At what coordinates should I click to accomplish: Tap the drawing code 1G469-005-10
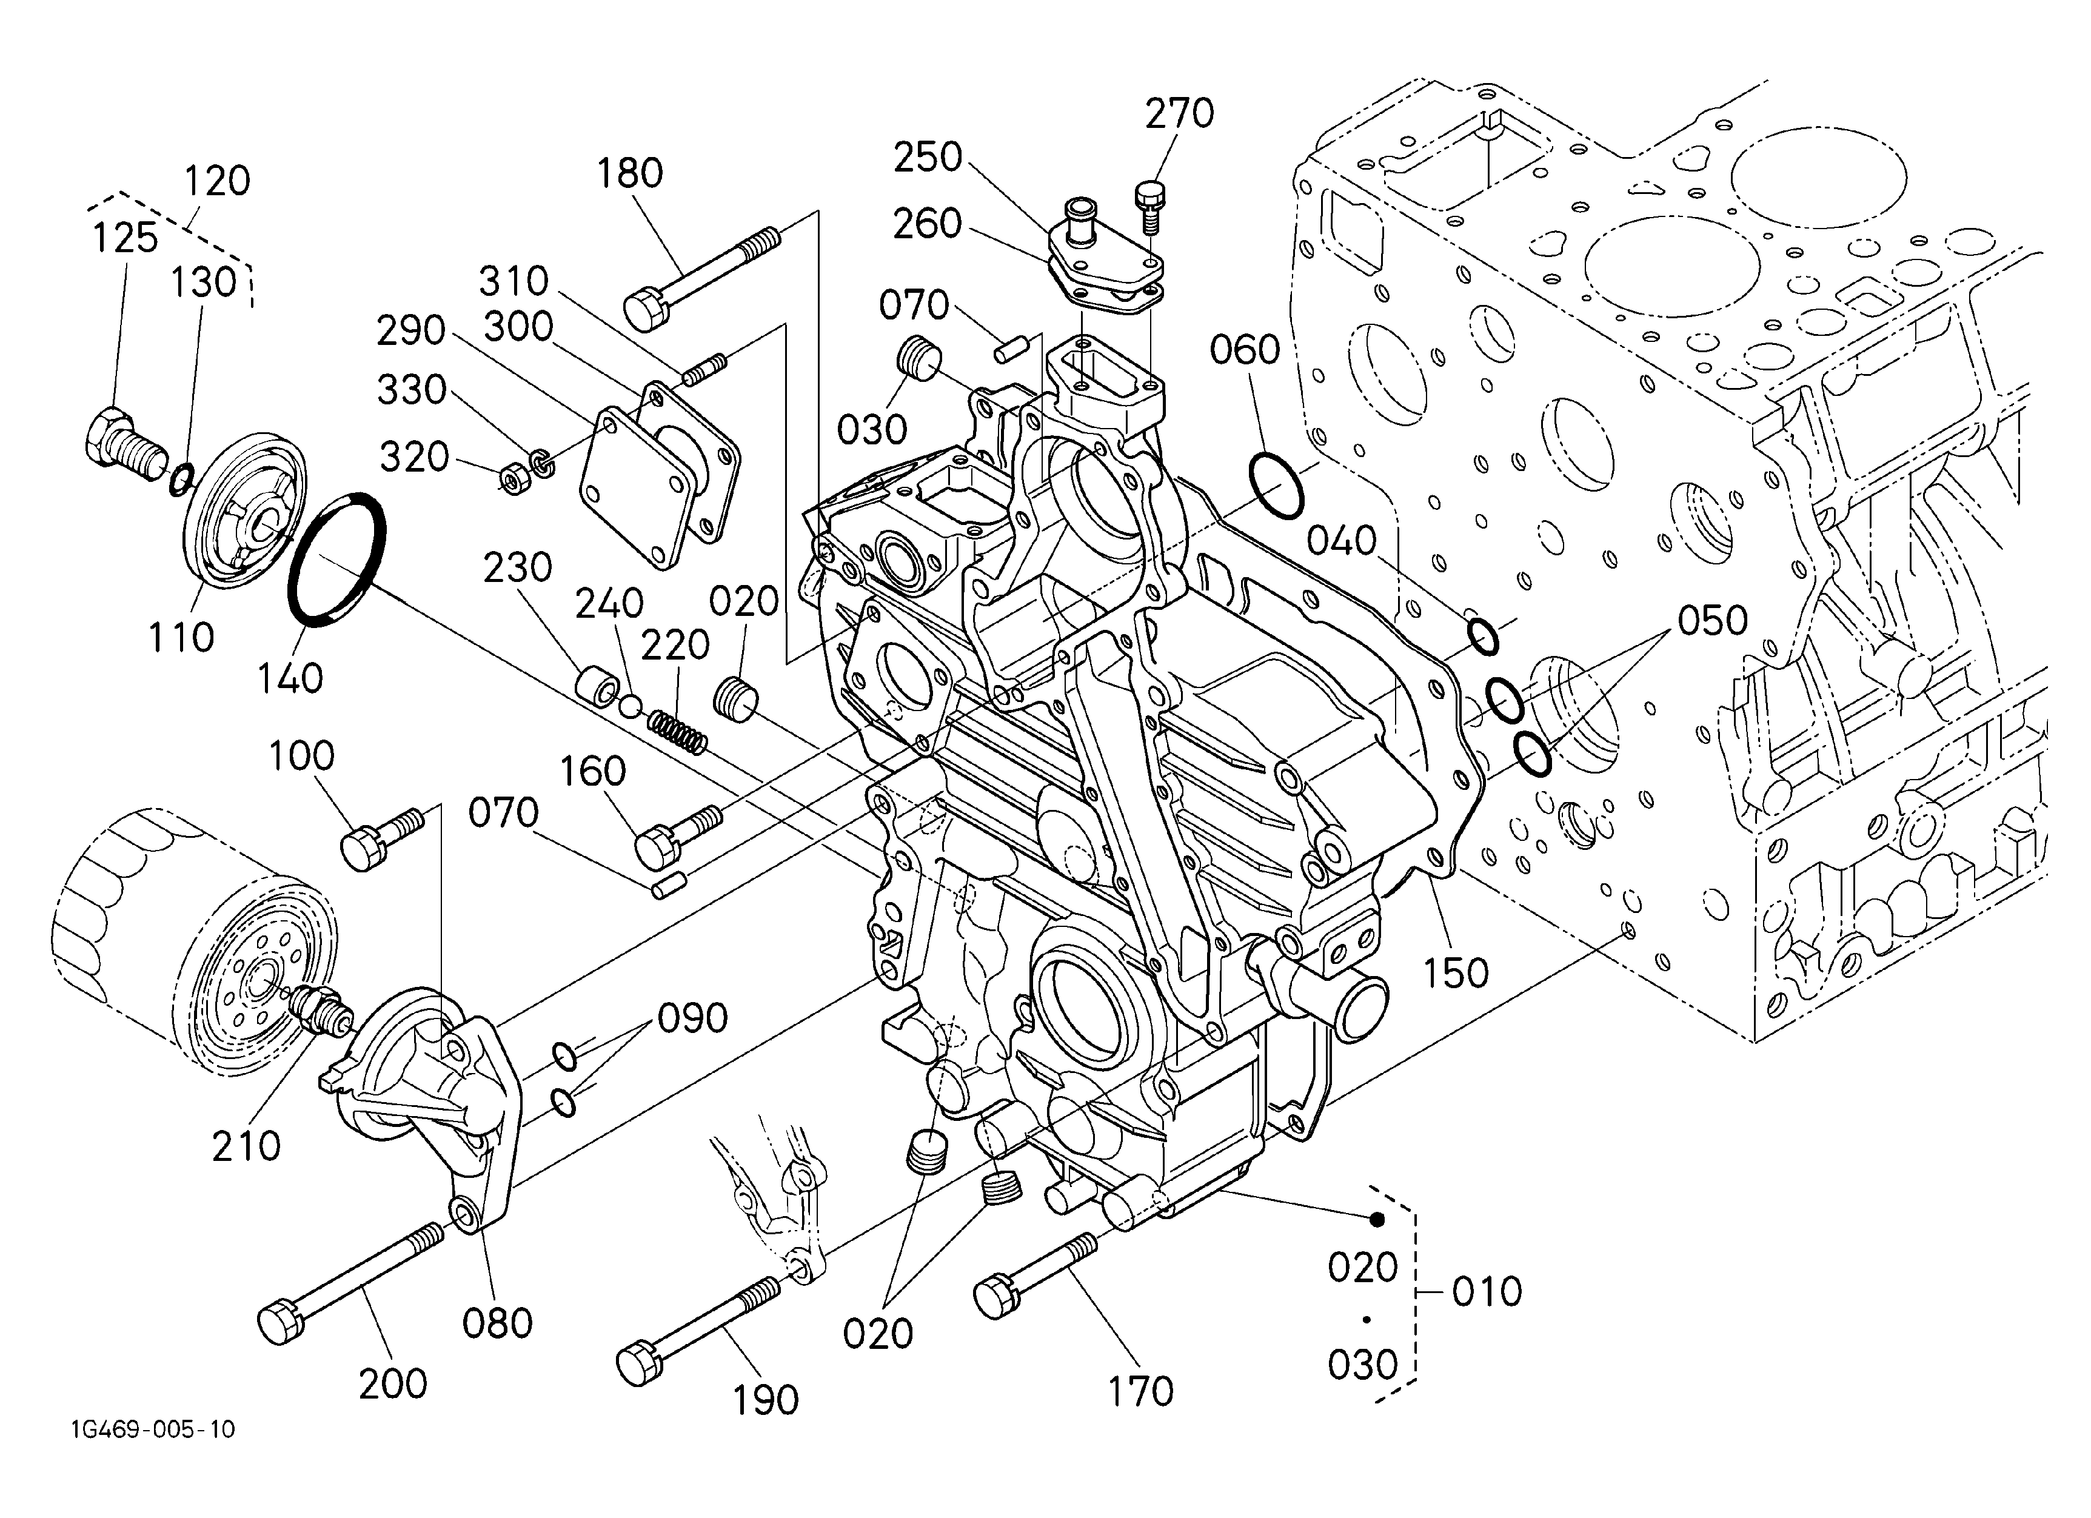(153, 1429)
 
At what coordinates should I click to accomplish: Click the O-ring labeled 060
(1277, 486)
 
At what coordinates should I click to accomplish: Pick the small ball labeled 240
(631, 706)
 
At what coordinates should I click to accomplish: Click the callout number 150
(1456, 973)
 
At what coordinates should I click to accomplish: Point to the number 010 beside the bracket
(1486, 1292)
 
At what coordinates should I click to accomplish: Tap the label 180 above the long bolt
(630, 173)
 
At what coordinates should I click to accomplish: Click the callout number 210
(246, 1146)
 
